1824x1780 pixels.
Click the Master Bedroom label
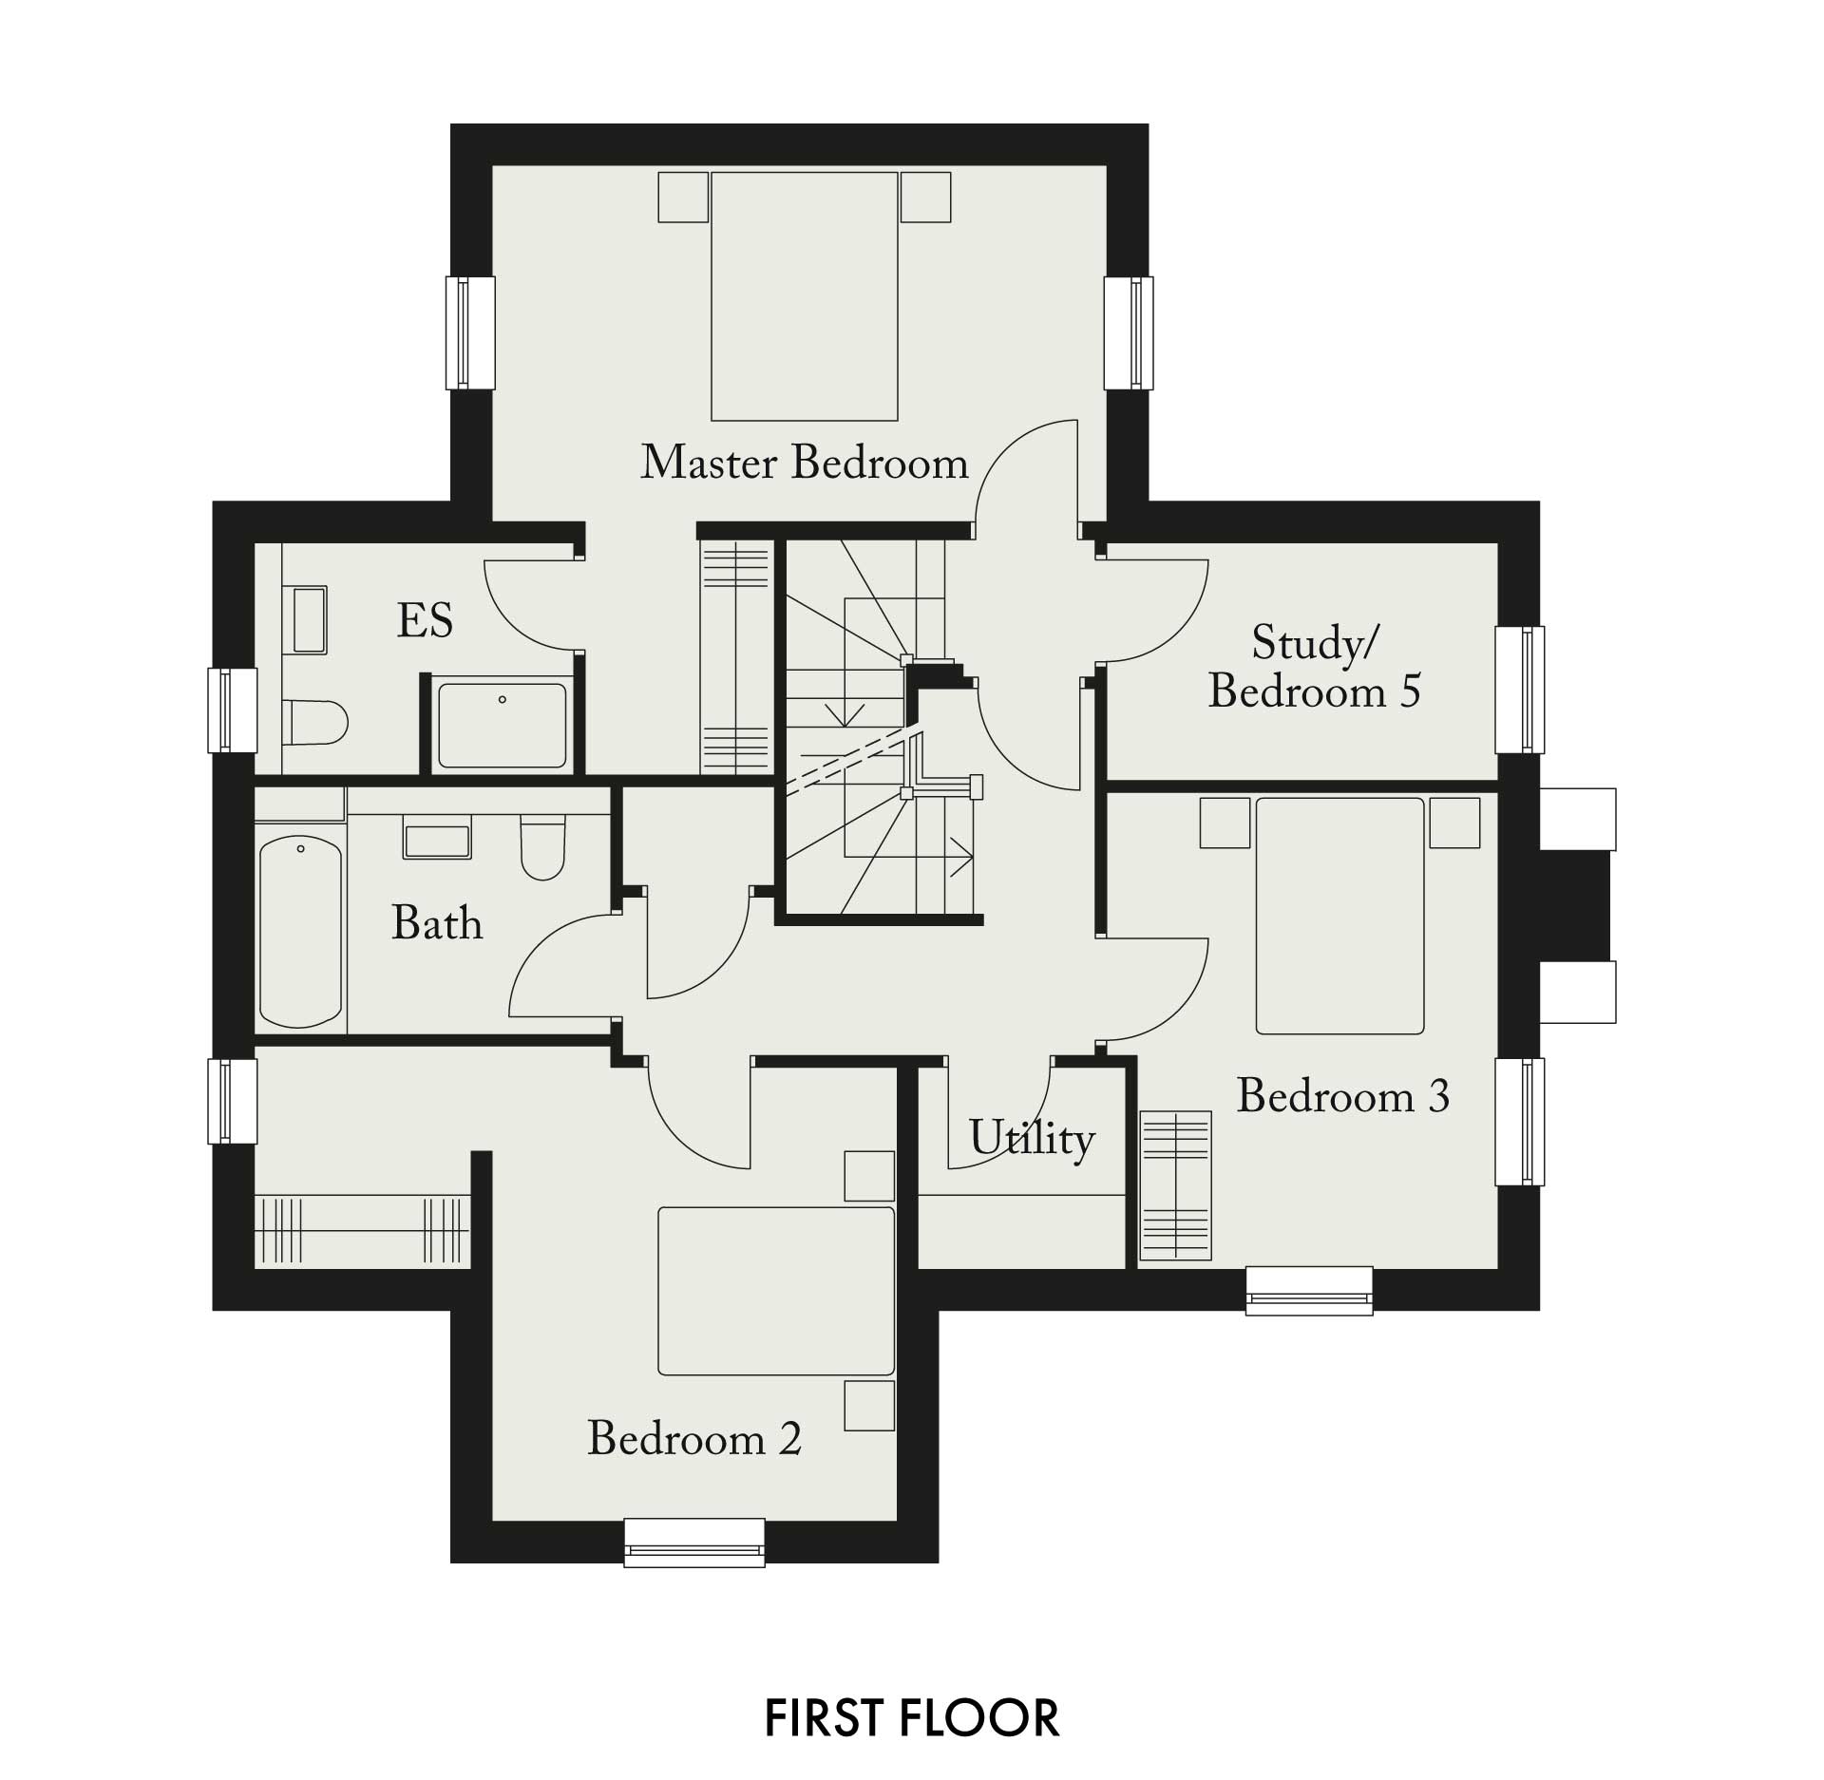click(805, 463)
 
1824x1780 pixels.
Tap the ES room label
click(425, 620)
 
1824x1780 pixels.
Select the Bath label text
click(437, 922)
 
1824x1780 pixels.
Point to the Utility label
click(1032, 1137)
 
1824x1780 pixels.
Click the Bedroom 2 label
click(694, 1438)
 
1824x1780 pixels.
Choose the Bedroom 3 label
click(1342, 1096)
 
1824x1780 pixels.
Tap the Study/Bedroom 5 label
click(1315, 667)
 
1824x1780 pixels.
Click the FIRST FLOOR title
click(912, 1718)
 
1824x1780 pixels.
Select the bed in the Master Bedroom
click(805, 296)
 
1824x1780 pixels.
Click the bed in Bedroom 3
click(1339, 916)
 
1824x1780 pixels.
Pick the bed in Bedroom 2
click(776, 1291)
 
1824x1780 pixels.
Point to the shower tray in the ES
click(502, 726)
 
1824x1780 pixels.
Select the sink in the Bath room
click(437, 842)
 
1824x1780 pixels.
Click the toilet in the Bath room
click(542, 847)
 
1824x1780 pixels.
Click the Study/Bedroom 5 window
click(1520, 690)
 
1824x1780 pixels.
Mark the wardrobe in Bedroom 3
click(1176, 1185)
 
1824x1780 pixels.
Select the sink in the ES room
click(310, 620)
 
